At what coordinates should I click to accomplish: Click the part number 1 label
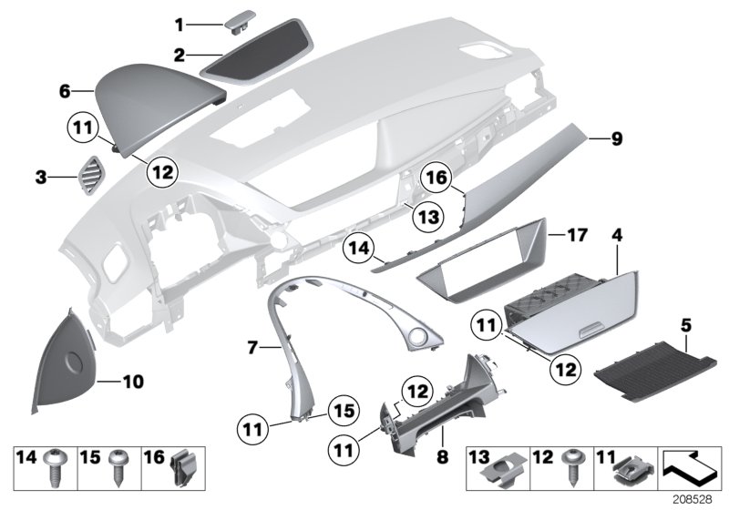[180, 23]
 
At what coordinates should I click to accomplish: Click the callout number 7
[252, 346]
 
